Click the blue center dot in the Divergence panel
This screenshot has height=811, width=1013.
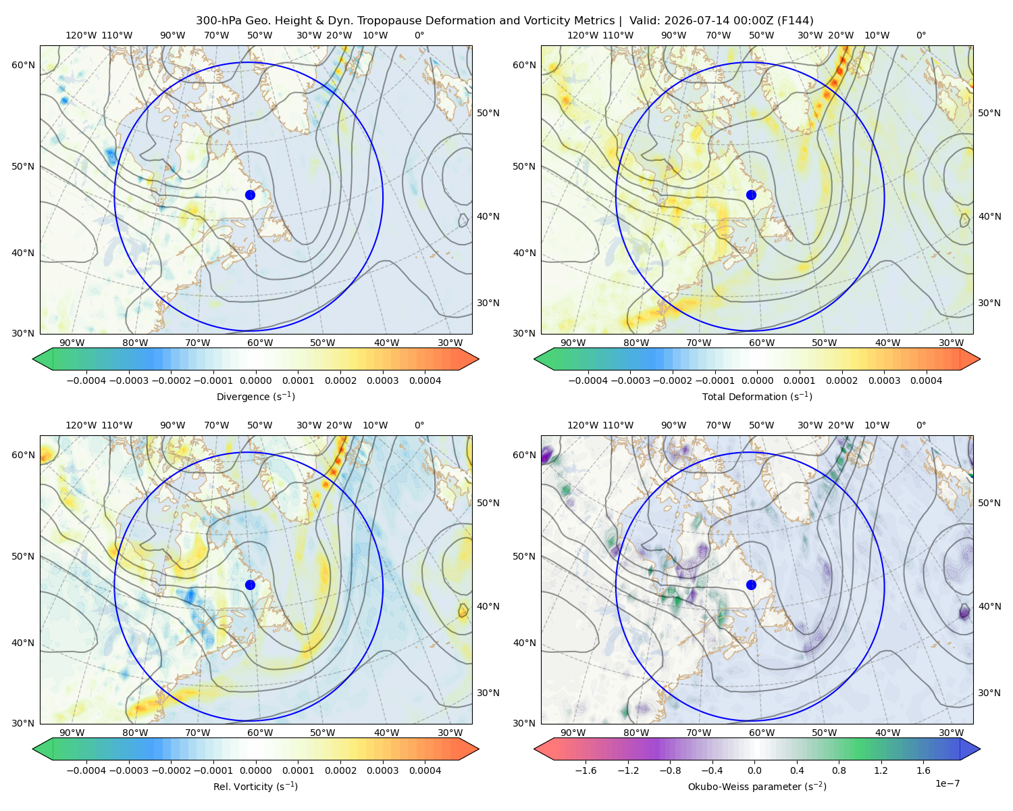click(250, 195)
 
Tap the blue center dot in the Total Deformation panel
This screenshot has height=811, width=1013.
click(751, 195)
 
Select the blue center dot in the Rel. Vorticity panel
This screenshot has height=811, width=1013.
click(250, 585)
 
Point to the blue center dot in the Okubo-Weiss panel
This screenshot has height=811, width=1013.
click(751, 585)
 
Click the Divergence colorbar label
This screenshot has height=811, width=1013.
click(255, 396)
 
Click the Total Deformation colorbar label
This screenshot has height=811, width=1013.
click(757, 396)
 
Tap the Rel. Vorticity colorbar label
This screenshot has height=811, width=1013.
click(255, 786)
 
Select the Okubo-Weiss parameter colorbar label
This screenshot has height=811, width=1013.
click(757, 786)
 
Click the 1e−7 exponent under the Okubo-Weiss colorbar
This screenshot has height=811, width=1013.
click(947, 783)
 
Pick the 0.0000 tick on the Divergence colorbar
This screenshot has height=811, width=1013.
click(255, 380)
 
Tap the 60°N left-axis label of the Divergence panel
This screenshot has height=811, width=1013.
click(23, 65)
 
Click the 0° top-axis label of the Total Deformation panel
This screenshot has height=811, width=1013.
click(920, 35)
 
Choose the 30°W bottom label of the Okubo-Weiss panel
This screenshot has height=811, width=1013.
click(951, 733)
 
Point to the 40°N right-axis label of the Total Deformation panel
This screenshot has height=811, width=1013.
click(989, 216)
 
